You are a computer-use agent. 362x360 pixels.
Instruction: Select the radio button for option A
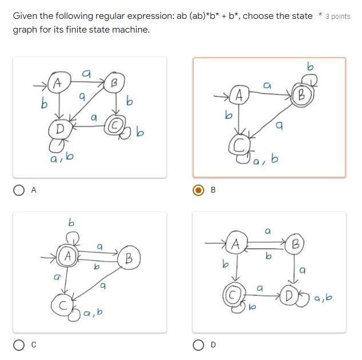19,191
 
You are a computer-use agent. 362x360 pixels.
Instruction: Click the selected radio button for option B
198,191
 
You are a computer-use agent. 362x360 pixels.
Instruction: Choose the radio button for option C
19,345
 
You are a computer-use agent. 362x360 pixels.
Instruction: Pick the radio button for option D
198,345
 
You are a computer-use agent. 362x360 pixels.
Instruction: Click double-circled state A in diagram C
68,257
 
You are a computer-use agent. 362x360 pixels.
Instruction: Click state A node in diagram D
235,245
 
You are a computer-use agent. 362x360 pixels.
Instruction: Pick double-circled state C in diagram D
232,295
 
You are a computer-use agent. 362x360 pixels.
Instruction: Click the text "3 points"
337,16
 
